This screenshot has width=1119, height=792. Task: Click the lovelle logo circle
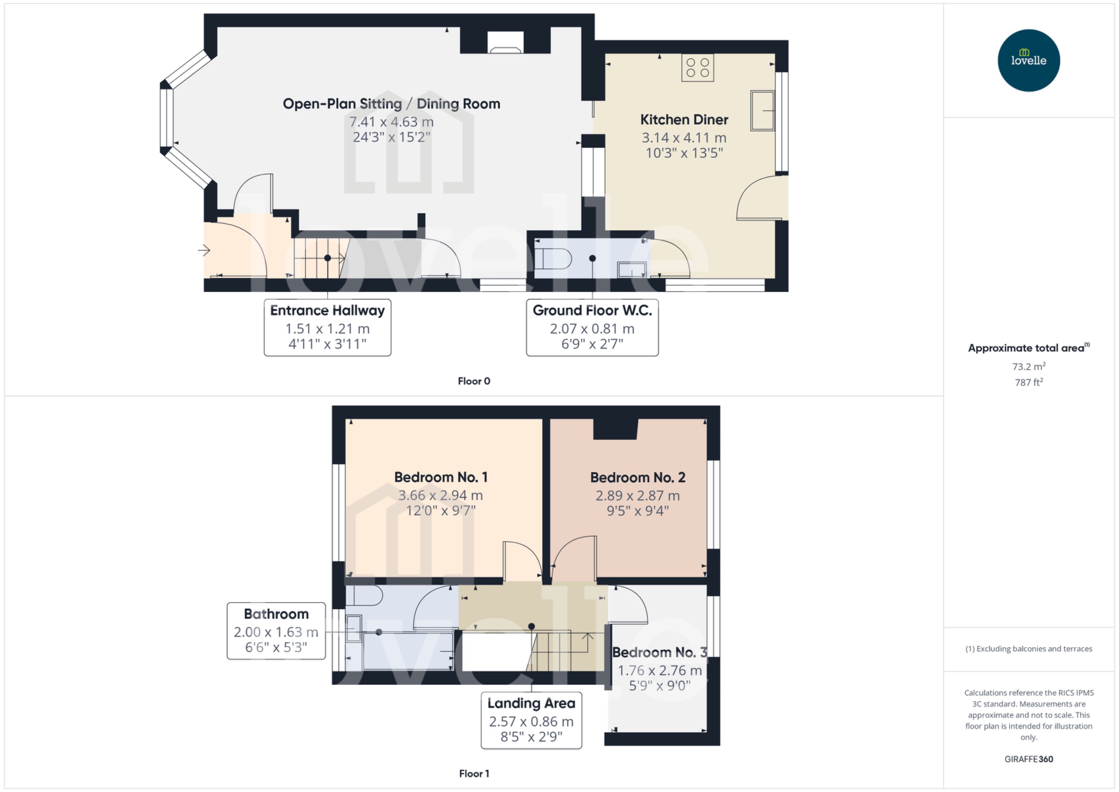[x=1028, y=60]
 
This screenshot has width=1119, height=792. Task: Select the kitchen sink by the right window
[x=762, y=111]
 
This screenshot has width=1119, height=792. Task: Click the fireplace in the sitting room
[x=505, y=43]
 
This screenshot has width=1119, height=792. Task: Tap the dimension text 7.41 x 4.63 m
[x=391, y=122]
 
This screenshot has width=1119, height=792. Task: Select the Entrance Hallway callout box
[x=327, y=327]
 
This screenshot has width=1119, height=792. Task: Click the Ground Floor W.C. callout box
[x=592, y=327]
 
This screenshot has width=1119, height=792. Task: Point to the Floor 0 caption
[x=473, y=381]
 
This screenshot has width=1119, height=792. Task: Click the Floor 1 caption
[x=473, y=773]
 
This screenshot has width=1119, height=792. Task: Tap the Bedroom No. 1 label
[x=440, y=477]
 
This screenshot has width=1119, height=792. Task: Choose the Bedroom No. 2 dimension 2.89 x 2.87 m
[x=637, y=496]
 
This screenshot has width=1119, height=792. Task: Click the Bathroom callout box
[x=276, y=631]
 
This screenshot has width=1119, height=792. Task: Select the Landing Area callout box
[x=531, y=720]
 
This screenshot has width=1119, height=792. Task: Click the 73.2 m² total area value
[x=1028, y=366]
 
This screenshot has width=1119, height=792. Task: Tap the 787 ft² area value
[x=1028, y=382]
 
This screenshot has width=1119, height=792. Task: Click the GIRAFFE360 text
[x=1028, y=759]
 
